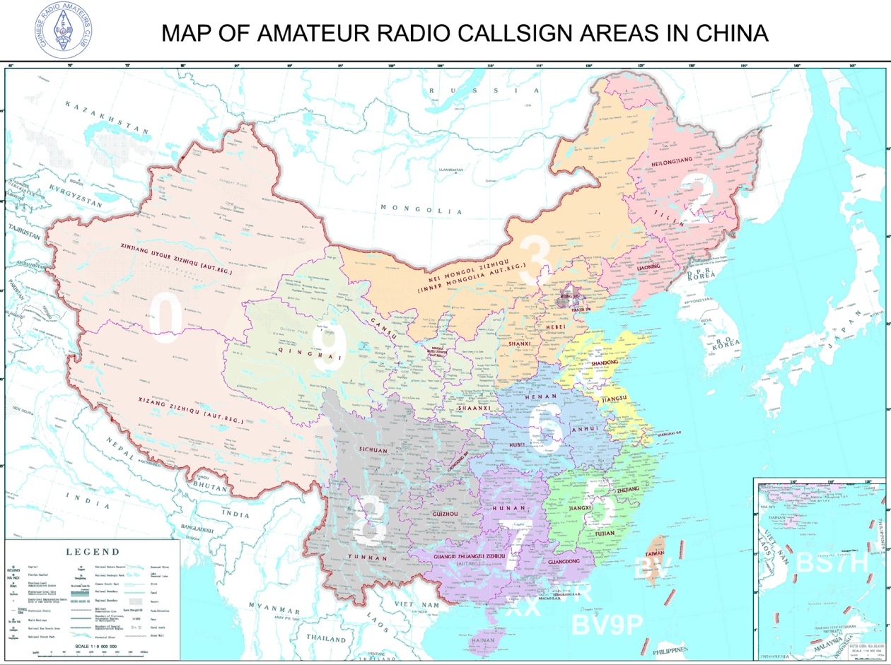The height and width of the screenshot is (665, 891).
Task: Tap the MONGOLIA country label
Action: click(421, 209)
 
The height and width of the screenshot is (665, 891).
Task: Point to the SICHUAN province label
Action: click(374, 449)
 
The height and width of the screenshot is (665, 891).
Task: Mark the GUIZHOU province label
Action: click(444, 514)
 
